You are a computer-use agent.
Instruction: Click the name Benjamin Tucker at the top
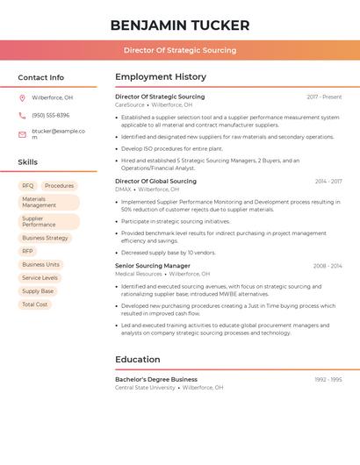click(180, 25)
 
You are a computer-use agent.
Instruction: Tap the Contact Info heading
click(41, 77)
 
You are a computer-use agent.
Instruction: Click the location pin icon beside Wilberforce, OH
click(22, 97)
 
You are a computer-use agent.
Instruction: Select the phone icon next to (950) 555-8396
click(22, 115)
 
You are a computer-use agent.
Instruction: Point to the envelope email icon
click(22, 134)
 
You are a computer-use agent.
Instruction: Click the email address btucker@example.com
click(58, 134)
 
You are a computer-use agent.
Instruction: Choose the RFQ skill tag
click(28, 186)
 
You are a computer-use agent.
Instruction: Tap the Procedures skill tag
click(60, 186)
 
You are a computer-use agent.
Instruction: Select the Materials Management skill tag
click(49, 203)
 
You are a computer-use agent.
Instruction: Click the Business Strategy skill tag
click(45, 238)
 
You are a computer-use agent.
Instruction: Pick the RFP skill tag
click(28, 251)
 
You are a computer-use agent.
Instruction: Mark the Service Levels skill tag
click(40, 277)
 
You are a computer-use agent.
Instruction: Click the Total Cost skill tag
click(35, 304)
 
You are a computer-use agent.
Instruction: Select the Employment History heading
click(161, 77)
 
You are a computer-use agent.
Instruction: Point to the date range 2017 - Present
click(324, 97)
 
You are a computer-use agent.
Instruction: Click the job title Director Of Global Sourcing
click(155, 182)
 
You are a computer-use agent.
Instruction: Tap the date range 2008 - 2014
click(327, 266)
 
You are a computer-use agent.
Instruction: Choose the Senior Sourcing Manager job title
click(153, 266)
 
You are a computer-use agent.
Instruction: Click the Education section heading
click(138, 360)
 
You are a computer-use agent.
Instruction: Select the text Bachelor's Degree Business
click(156, 380)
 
